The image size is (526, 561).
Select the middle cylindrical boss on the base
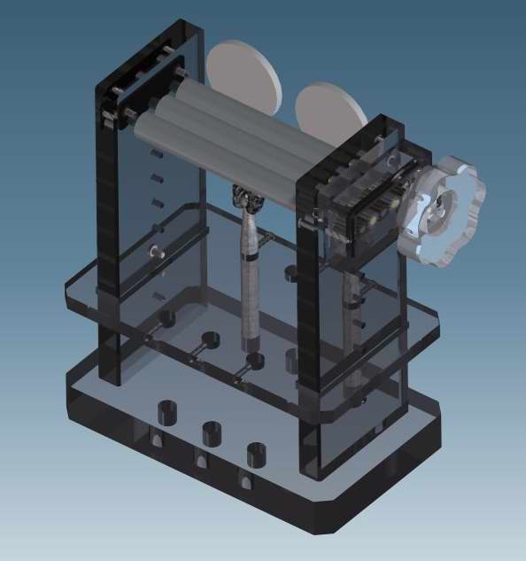click(212, 433)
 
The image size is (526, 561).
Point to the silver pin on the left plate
click(159, 253)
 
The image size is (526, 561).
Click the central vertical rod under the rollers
click(251, 284)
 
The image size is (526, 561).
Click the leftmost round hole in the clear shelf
click(165, 316)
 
